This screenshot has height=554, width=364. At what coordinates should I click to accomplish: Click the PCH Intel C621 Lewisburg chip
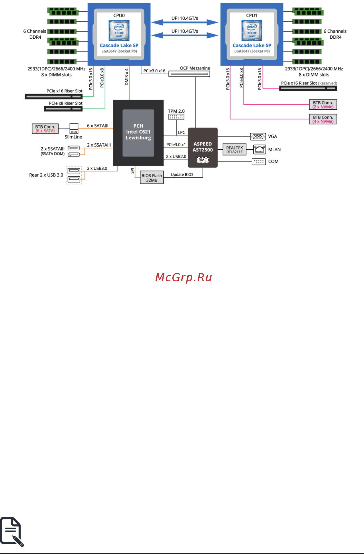click(x=138, y=132)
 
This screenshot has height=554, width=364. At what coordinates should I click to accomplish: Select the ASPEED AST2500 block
click(x=202, y=147)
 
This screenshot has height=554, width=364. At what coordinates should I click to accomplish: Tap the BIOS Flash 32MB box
click(x=152, y=178)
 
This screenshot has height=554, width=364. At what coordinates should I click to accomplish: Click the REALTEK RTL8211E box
click(x=235, y=150)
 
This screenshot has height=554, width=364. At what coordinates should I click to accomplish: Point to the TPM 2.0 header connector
click(x=176, y=117)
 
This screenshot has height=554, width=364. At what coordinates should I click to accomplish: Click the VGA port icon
click(x=258, y=136)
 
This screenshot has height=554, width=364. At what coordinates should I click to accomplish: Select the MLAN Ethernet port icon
click(x=259, y=149)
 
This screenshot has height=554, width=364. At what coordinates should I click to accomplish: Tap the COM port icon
click(x=259, y=162)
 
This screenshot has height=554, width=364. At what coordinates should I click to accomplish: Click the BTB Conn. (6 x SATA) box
click(x=45, y=129)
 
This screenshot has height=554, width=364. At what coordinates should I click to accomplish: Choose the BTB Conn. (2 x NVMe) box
click(x=323, y=105)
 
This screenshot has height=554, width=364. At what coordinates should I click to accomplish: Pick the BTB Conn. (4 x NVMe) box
click(x=323, y=119)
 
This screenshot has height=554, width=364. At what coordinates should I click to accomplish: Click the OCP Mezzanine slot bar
click(x=189, y=74)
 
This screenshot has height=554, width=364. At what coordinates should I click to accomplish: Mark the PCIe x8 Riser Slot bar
click(x=63, y=109)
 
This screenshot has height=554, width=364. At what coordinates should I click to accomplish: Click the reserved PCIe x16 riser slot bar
click(x=308, y=88)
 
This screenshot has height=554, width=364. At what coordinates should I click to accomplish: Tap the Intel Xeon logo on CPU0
click(x=119, y=30)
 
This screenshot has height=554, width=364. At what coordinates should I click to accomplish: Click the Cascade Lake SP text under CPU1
click(x=252, y=45)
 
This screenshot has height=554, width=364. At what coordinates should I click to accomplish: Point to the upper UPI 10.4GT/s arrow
click(x=185, y=22)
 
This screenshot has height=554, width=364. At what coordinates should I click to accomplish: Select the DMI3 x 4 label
click(x=127, y=77)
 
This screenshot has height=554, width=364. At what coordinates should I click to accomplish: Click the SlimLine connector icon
click(x=74, y=128)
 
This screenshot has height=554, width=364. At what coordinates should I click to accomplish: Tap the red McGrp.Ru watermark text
click(x=183, y=277)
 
